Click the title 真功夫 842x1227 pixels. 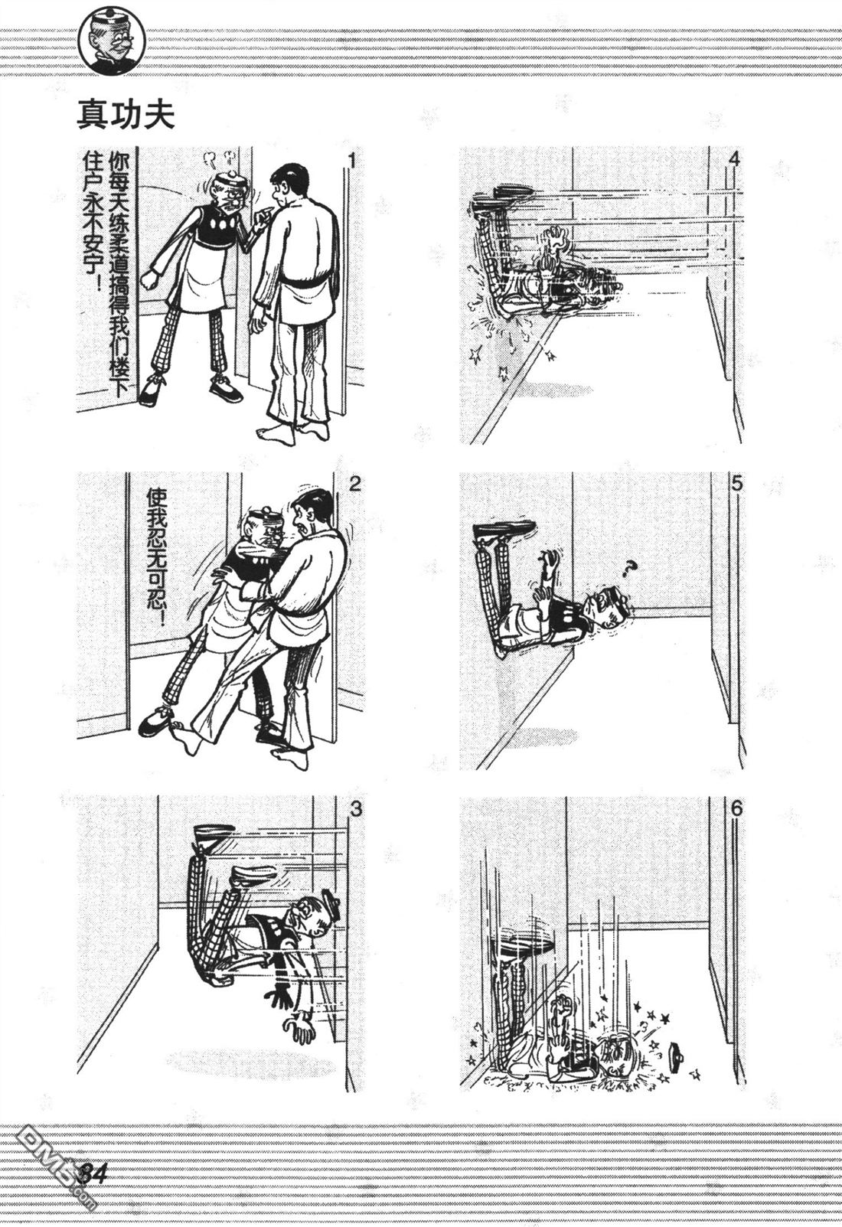tap(126, 115)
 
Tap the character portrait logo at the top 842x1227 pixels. tap(112, 44)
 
